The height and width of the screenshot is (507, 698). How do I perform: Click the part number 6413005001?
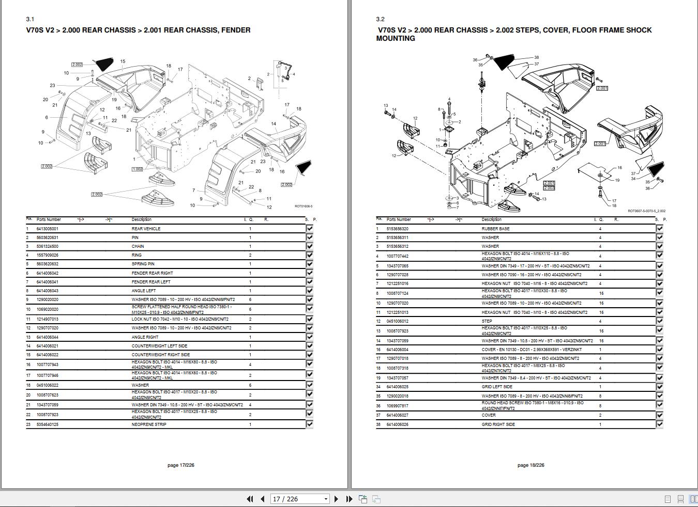[47, 229]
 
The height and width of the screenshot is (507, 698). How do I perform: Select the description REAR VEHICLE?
[146, 229]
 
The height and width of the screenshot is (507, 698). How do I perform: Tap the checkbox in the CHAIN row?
[310, 246]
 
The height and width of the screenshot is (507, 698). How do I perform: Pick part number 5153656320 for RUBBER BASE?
[397, 229]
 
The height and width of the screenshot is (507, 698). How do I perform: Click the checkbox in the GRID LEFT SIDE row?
[659, 387]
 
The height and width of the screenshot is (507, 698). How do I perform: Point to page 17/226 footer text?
[181, 465]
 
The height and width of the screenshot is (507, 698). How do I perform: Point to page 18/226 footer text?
[530, 465]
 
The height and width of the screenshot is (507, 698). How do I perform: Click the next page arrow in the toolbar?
[337, 499]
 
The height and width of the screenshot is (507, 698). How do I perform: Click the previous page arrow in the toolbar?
[263, 499]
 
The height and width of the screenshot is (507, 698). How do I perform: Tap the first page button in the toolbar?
[250, 499]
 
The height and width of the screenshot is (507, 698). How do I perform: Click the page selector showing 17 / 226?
[300, 499]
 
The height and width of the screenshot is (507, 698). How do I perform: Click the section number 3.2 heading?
[380, 19]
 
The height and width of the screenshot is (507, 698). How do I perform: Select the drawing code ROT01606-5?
[304, 207]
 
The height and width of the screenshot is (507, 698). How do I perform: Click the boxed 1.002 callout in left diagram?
[137, 169]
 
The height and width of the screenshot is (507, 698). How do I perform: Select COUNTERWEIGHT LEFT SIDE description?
[159, 346]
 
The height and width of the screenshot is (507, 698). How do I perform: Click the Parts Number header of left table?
[49, 219]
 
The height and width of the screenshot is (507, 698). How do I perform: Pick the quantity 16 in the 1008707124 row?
[601, 293]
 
